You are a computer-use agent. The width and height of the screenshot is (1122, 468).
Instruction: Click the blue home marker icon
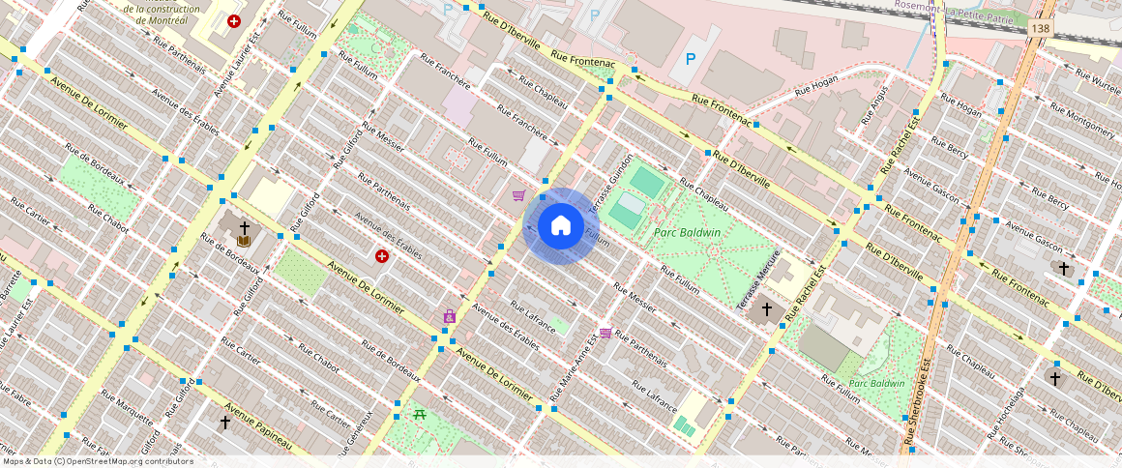pos(560,226)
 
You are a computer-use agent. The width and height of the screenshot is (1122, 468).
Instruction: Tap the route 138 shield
pos(1040,30)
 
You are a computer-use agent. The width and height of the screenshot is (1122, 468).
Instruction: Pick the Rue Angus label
pos(873,105)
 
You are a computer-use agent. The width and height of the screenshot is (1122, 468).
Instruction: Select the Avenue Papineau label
pos(258,426)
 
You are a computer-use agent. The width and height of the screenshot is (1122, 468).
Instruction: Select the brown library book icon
pos(244,240)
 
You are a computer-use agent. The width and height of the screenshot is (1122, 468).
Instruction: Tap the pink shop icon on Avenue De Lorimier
pos(449,315)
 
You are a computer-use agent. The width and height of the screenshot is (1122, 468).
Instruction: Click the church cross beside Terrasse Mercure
pos(767,309)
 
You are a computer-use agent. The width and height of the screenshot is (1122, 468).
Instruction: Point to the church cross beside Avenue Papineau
pos(224,423)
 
